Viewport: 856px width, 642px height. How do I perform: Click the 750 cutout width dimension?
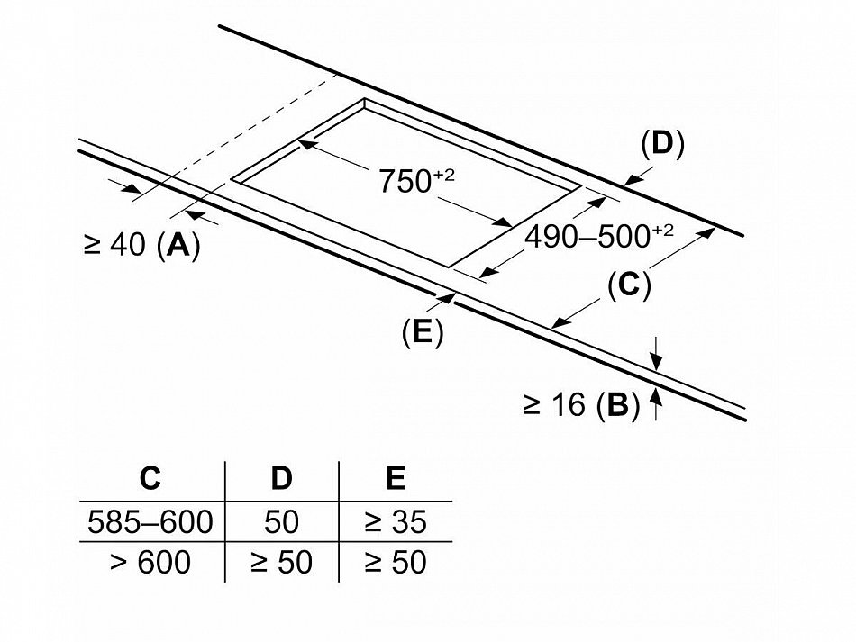416,181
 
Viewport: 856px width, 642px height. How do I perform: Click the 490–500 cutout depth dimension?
599,237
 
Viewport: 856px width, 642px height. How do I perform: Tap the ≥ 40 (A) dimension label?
142,246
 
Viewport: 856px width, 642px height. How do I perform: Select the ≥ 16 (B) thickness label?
581,405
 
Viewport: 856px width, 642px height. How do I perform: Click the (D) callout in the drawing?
663,144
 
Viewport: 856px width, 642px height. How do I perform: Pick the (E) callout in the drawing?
423,331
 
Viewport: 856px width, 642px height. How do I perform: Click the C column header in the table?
150,478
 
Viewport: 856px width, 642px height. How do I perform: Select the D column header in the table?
282,478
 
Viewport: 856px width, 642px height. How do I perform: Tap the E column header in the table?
396,478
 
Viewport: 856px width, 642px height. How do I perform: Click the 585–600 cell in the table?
150,522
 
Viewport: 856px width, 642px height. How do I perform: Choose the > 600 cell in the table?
150,562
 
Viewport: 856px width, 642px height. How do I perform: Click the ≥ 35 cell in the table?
396,522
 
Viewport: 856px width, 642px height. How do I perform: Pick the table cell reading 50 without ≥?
282,522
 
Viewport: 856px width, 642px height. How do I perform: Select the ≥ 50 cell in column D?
282,562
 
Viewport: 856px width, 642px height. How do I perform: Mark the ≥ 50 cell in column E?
396,562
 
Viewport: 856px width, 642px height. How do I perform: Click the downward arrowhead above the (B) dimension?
657,362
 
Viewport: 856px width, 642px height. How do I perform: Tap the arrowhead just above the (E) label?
448,298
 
